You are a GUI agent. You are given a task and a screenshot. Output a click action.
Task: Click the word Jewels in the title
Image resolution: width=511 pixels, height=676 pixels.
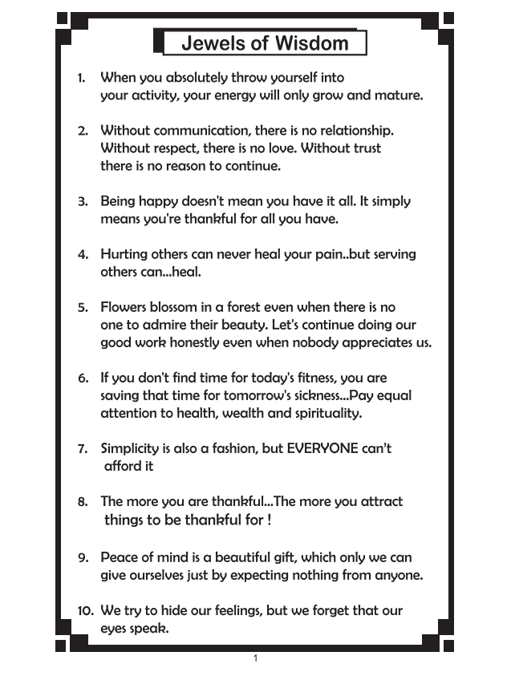coord(211,43)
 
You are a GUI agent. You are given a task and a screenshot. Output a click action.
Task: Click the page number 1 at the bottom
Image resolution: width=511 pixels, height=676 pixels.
coord(255,659)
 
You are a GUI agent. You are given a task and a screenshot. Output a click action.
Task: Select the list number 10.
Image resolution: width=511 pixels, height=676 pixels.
coord(86,611)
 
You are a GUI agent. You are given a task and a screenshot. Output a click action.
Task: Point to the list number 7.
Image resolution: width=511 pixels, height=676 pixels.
coord(83,449)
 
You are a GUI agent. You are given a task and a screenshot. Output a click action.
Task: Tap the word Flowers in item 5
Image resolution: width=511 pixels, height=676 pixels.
coord(124,307)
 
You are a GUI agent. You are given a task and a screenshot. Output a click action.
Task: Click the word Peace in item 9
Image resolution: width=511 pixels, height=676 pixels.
coord(120,557)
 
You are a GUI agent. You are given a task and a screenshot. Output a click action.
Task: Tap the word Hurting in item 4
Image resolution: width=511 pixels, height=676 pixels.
coord(126,254)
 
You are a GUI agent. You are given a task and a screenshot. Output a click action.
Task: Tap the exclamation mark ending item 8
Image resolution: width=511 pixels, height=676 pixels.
coord(269,520)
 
